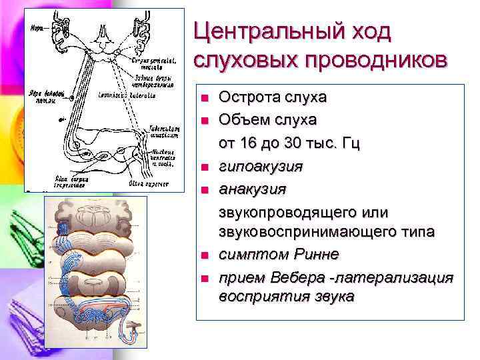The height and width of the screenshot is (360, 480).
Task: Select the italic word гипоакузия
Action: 261,166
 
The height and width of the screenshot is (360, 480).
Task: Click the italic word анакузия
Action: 253,189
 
